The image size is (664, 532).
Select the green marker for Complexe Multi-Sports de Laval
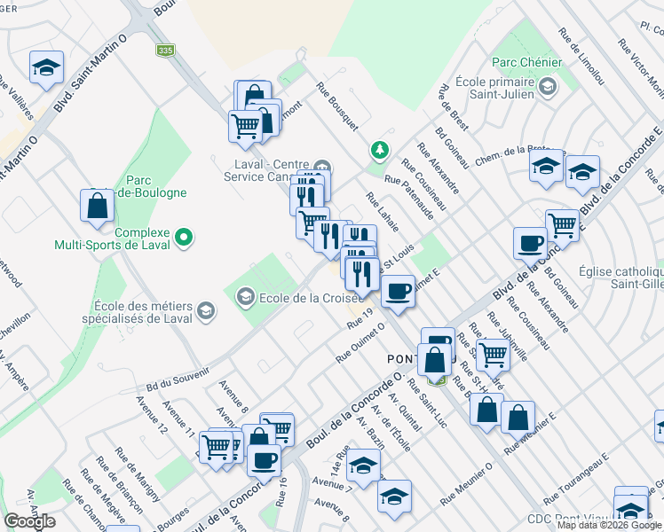[x=184, y=238]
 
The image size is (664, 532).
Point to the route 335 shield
[x=164, y=51]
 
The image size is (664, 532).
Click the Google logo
[x=29, y=521]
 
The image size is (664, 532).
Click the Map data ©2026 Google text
[x=608, y=525]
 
